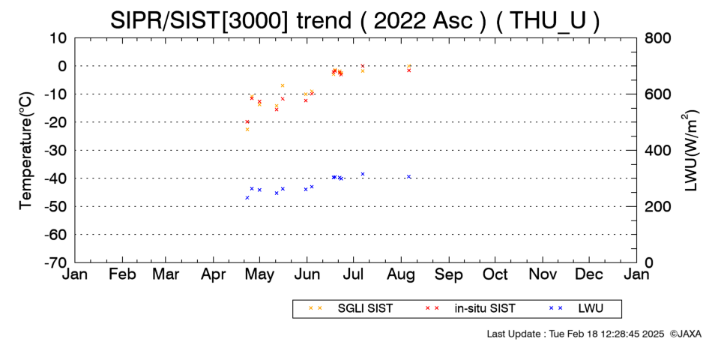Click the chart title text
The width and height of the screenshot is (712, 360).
[355, 20]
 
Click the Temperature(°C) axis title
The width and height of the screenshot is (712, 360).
[26, 151]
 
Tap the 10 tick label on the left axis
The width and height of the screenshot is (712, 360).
[59, 37]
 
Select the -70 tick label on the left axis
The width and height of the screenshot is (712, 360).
[56, 262]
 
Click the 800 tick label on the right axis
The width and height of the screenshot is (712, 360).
[657, 37]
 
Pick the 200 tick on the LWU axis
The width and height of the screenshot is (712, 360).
[657, 206]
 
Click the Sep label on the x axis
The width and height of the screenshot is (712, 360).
[449, 274]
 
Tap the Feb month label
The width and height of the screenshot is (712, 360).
[122, 274]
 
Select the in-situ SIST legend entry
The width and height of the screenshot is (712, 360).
[471, 308]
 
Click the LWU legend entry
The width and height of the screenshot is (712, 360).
[576, 308]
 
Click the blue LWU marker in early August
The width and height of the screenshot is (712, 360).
[408, 177]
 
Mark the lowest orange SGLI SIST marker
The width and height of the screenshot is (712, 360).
[247, 130]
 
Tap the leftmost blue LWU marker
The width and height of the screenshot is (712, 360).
[247, 198]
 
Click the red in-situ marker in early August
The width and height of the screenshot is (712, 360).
[408, 70]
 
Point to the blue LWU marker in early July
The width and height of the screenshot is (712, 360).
[362, 174]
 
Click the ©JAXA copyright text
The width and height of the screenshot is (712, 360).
[685, 334]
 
